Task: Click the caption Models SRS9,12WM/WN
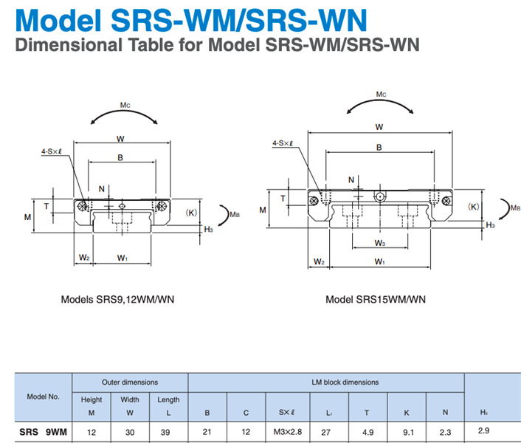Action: click(x=117, y=300)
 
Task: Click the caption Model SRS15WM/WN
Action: click(x=376, y=300)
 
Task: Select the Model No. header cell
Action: click(x=43, y=396)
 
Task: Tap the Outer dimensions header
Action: click(x=129, y=382)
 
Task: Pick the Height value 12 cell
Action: click(x=91, y=431)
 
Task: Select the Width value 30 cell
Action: click(x=129, y=431)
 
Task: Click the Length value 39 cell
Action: click(x=168, y=431)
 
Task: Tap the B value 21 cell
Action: click(x=208, y=431)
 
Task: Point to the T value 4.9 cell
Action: click(x=368, y=431)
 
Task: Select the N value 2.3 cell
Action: click(x=445, y=431)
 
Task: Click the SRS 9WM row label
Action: click(x=43, y=431)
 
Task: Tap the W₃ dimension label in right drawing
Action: click(x=379, y=243)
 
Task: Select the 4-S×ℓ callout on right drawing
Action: click(x=284, y=143)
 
